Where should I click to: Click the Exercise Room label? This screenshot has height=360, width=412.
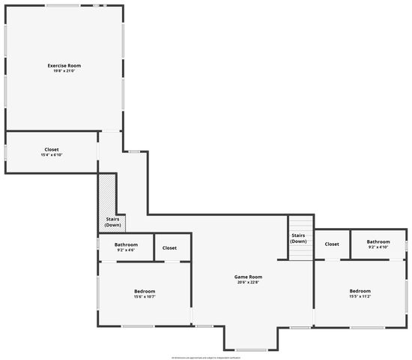click(x=64, y=66)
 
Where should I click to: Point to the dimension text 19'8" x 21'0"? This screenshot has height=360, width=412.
click(x=64, y=71)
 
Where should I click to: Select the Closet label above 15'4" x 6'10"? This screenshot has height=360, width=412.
click(x=50, y=149)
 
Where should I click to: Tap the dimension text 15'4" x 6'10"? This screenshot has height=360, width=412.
click(x=50, y=154)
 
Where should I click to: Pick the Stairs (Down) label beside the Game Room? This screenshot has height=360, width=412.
click(x=298, y=238)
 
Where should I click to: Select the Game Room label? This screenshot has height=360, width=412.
click(x=249, y=277)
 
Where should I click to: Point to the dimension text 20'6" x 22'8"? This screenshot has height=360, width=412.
click(x=249, y=283)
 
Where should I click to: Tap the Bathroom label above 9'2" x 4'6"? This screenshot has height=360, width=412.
click(x=126, y=244)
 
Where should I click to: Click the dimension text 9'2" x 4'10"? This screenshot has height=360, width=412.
click(x=378, y=247)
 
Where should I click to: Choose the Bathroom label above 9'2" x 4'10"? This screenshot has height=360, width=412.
click(x=378, y=241)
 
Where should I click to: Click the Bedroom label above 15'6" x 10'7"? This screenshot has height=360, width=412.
click(x=145, y=291)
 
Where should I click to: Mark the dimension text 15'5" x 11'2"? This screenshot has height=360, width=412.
click(x=360, y=296)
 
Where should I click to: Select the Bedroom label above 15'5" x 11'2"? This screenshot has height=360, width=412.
click(x=360, y=290)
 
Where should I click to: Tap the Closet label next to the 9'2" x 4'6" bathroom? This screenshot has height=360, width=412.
click(x=170, y=247)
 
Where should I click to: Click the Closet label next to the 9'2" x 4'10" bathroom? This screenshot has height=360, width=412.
click(x=332, y=244)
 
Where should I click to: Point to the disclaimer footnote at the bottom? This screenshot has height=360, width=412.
click(x=206, y=357)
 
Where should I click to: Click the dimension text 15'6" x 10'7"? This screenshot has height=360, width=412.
click(x=145, y=297)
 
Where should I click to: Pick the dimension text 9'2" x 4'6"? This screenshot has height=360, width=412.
click(x=126, y=250)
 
